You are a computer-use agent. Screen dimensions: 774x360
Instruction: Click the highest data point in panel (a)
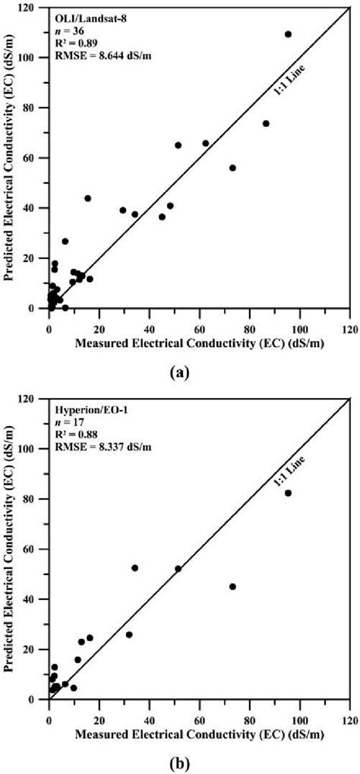(x=288, y=34)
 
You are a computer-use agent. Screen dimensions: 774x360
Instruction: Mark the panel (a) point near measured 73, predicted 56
(x=232, y=168)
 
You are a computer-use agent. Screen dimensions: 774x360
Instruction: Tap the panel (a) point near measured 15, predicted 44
(x=87, y=198)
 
